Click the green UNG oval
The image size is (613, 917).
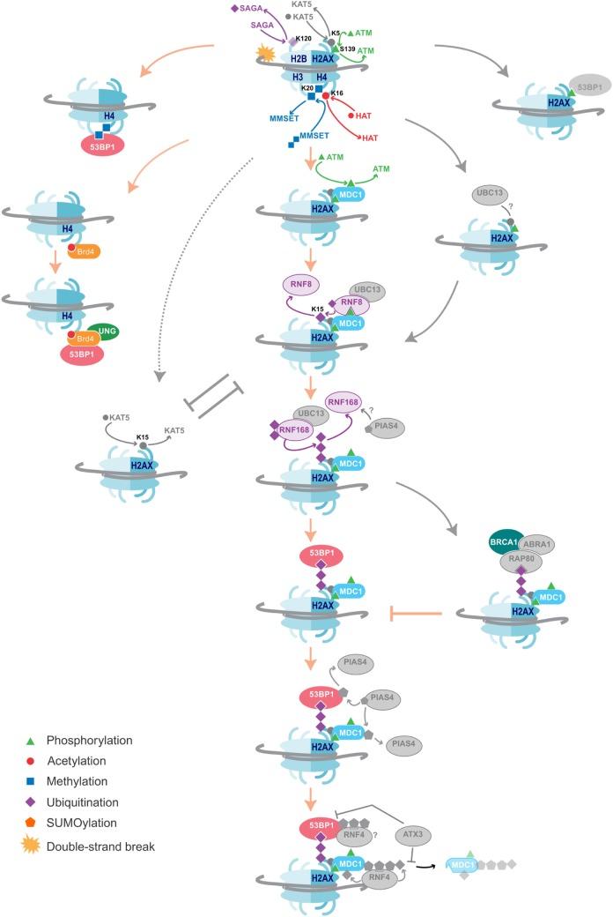[109, 332]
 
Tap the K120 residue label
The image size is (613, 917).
[305, 39]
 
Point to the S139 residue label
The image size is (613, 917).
[346, 49]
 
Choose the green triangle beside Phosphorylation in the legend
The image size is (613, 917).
[32, 740]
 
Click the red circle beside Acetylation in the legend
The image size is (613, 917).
[32, 760]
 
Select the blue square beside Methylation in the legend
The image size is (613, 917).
[32, 780]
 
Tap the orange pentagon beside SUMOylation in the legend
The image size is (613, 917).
[32, 821]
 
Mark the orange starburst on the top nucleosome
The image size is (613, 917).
[263, 56]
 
